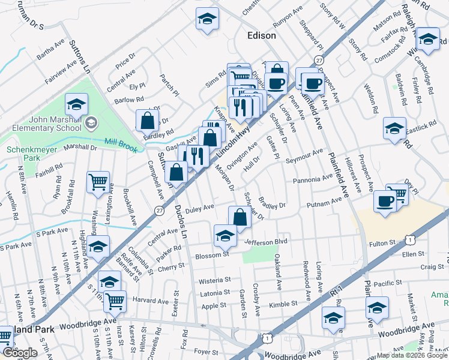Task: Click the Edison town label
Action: click(x=262, y=35)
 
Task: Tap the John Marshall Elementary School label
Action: click(x=52, y=123)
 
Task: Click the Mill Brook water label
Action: click(x=118, y=143)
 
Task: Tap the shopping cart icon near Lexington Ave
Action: click(x=98, y=181)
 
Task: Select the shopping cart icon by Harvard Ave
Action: click(x=115, y=301)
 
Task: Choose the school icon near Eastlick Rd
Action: click(x=394, y=128)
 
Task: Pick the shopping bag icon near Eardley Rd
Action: click(x=147, y=121)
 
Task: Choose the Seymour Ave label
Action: click(x=304, y=158)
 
